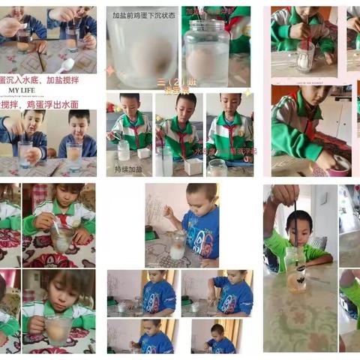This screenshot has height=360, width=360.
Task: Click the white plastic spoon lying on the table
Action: point(65,65)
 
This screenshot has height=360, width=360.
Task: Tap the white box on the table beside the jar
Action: point(193,166)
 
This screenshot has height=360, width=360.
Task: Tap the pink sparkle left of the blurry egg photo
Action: point(110,70)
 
